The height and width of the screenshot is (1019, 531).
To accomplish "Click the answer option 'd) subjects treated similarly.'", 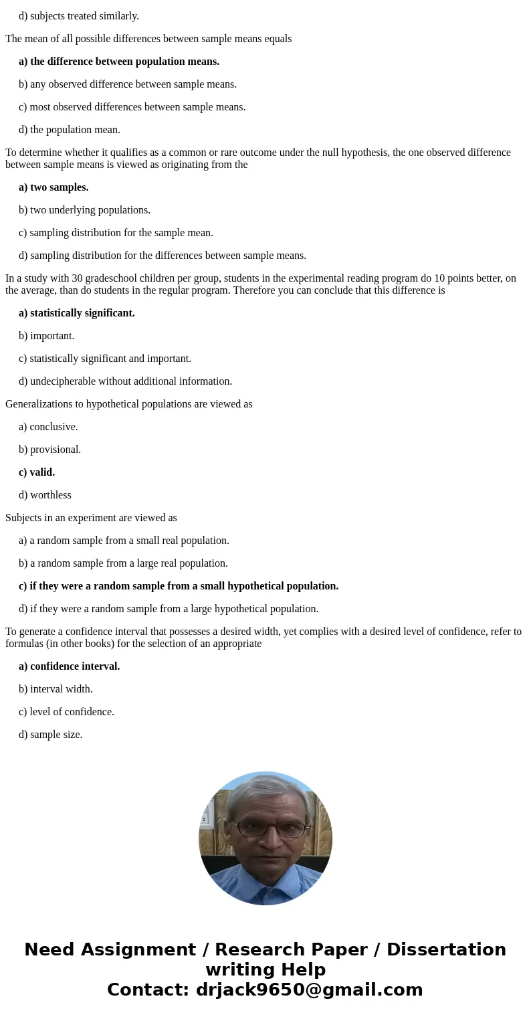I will coord(79,16).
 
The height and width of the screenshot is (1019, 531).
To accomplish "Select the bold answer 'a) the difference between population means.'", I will coord(119,62).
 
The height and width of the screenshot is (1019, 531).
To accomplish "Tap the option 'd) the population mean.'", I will coord(70,130).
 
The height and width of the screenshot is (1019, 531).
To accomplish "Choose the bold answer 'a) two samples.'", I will coord(54,187).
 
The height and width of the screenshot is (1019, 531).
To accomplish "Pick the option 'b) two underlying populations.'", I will coord(84,210).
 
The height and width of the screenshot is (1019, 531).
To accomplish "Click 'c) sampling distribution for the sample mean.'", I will coord(116,233).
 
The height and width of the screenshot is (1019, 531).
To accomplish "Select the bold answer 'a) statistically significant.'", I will coord(77,313).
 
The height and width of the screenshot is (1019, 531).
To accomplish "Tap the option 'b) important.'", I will coord(47,336).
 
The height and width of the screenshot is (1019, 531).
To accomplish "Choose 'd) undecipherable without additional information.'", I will coord(126,381).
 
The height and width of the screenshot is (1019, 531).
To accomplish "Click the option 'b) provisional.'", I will coord(50,450).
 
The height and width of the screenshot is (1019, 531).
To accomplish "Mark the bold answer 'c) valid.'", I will coord(37,472).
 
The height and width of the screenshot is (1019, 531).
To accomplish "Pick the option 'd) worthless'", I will coord(45,495).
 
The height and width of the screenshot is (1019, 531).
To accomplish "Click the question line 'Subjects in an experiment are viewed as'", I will coord(91,518).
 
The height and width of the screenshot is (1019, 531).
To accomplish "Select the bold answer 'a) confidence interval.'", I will coord(70,666).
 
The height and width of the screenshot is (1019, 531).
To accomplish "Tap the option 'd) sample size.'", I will coord(51,735).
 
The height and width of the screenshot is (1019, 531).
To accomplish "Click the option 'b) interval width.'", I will coord(56,689).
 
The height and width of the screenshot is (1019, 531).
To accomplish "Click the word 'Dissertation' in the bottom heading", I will coord(446,950).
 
